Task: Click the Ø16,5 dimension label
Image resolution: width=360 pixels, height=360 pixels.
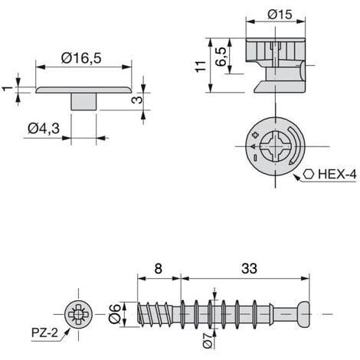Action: pyautogui.click(x=81, y=57)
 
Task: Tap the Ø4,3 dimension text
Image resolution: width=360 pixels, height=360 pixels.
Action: pyautogui.click(x=44, y=128)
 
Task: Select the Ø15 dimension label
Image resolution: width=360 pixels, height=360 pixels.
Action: pyautogui.click(x=280, y=15)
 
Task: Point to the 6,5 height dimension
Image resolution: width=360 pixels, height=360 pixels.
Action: pyautogui.click(x=221, y=57)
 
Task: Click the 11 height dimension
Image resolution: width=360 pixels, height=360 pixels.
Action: pyautogui.click(x=201, y=67)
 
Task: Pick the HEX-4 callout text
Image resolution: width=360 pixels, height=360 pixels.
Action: pyautogui.click(x=337, y=175)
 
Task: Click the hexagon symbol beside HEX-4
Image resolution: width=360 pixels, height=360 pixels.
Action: pyautogui.click(x=309, y=175)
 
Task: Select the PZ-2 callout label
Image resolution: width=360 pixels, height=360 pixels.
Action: pyautogui.click(x=44, y=332)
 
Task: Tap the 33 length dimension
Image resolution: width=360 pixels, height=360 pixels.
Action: pyautogui.click(x=249, y=269)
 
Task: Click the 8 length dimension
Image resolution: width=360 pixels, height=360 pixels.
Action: pyautogui.click(x=159, y=269)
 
